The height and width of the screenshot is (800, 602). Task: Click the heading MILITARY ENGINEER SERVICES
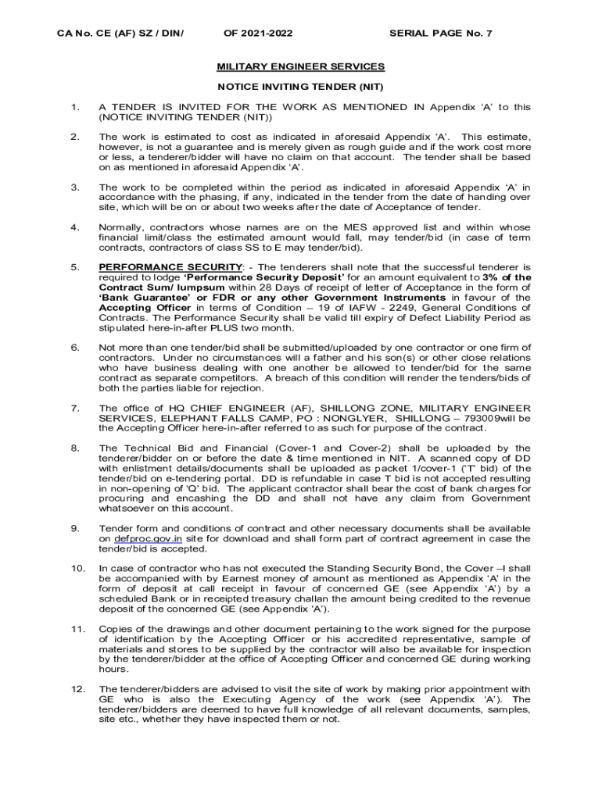pos(300,66)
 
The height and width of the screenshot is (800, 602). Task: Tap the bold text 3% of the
pos(507,277)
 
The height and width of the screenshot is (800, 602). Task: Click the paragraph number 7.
pos(74,408)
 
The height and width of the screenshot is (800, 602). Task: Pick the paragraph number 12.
pos(77,688)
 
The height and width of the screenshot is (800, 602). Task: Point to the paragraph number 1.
pos(74,107)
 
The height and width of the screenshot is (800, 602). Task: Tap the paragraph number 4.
pos(74,227)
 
